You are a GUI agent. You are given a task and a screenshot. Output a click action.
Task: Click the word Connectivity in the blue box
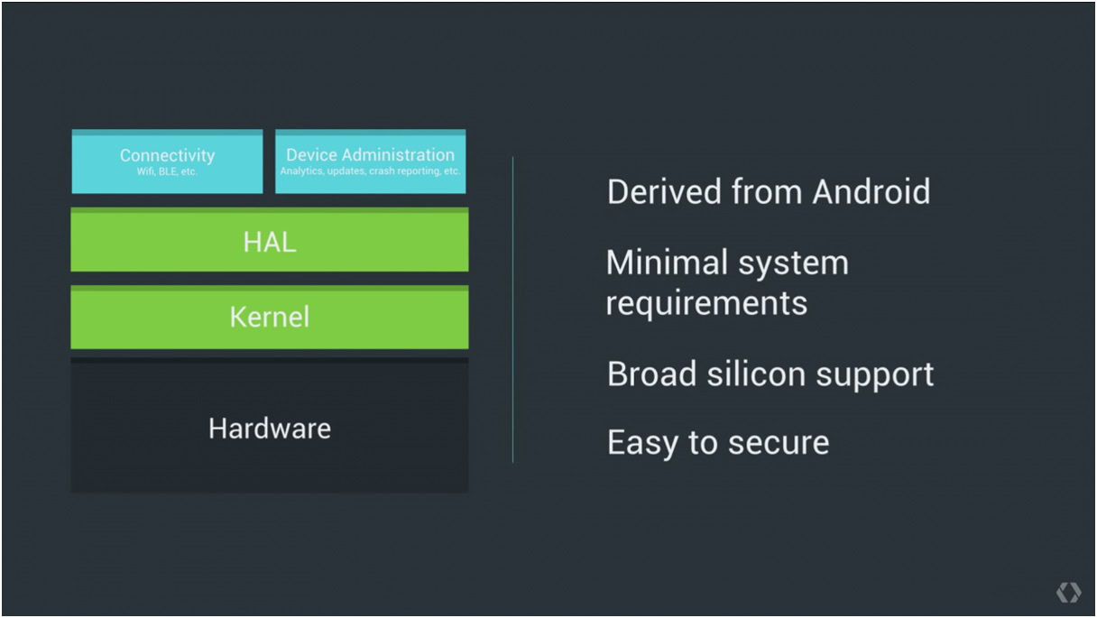167,155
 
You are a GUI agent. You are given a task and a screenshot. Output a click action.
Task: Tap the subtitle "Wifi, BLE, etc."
167,171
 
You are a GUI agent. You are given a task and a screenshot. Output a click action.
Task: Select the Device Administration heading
370,155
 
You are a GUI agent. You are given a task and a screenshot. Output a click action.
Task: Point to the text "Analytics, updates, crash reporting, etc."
370,171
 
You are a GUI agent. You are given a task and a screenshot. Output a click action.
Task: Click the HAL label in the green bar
269,242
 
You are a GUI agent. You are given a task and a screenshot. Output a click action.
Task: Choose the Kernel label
269,317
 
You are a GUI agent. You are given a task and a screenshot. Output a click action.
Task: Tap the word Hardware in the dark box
269,428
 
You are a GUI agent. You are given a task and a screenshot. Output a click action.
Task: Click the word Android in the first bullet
871,192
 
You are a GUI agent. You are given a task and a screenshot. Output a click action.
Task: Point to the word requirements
706,303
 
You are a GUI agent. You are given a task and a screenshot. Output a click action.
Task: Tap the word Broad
651,374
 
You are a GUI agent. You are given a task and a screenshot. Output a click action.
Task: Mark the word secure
778,443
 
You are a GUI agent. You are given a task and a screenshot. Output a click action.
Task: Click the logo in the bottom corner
1068,593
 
